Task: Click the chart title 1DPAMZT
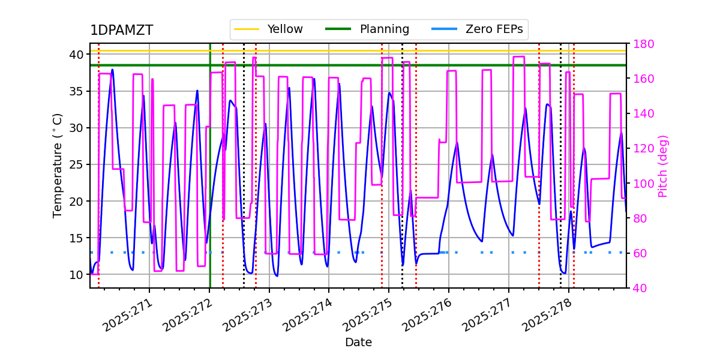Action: click(x=121, y=31)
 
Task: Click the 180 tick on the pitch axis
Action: click(x=641, y=44)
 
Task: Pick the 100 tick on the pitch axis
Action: click(x=641, y=184)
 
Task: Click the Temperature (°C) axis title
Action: click(x=58, y=165)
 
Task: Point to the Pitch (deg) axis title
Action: click(x=663, y=166)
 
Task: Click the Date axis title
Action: click(x=358, y=343)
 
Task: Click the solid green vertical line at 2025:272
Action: click(x=210, y=180)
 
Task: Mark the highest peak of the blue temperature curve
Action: click(x=112, y=70)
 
